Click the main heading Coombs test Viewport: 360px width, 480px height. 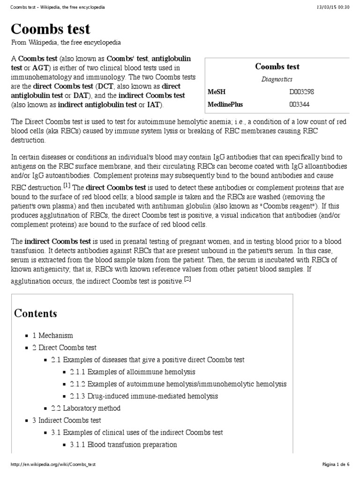coord(51,29)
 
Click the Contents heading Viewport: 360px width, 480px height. coord(36,313)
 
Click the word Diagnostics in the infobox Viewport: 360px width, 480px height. coord(277,79)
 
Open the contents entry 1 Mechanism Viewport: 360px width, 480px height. coord(52,336)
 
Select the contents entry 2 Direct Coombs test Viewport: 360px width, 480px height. coord(64,348)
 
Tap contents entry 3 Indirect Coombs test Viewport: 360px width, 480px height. coord(67,420)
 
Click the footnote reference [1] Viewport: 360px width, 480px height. coord(67,185)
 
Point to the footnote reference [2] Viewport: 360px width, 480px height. coord(187,279)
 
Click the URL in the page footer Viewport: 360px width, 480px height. coord(53,464)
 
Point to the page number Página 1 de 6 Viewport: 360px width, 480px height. coord(336,464)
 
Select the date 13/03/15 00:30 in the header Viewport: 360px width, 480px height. coord(330,7)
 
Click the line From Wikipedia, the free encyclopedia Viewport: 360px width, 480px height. coord(66,43)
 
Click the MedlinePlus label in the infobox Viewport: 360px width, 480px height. coord(225,104)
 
